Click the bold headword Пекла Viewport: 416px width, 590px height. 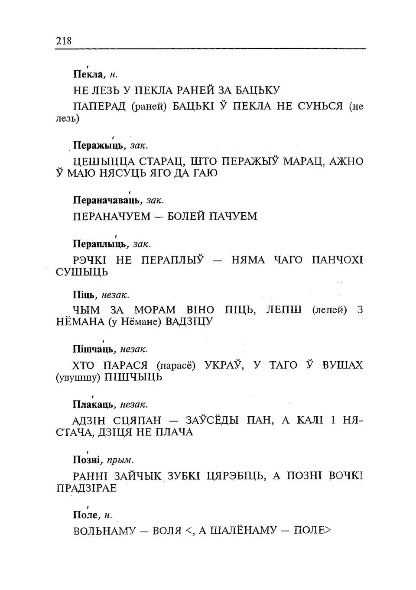tap(88, 74)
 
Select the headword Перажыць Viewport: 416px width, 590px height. tap(99, 145)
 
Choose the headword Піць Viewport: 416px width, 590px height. tap(85, 295)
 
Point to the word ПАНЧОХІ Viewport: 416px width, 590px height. tap(337, 260)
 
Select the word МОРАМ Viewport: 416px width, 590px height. tap(155, 310)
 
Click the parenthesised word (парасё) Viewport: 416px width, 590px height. tap(175, 366)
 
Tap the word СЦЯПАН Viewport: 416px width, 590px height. tap(136, 421)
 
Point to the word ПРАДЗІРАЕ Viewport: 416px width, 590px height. tap(87, 488)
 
